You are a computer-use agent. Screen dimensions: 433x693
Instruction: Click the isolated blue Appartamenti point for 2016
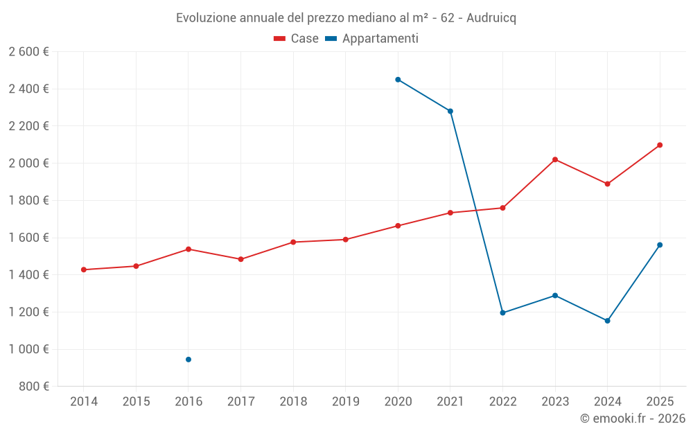pyautogui.click(x=188, y=360)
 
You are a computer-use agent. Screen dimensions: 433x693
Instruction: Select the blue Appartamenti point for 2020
pyautogui.click(x=398, y=80)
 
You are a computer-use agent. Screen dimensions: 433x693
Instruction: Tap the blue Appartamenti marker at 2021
pyautogui.click(x=450, y=112)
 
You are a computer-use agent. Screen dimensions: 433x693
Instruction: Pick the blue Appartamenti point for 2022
pyautogui.click(x=502, y=313)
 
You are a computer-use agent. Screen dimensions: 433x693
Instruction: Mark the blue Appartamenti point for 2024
pyautogui.click(x=607, y=321)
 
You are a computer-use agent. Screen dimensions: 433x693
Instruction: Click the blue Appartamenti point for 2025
pyautogui.click(x=660, y=245)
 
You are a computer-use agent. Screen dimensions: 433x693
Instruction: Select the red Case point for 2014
pyautogui.click(x=84, y=269)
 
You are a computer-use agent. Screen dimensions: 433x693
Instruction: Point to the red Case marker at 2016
pyautogui.click(x=188, y=249)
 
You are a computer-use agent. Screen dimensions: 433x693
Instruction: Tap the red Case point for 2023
pyautogui.click(x=555, y=159)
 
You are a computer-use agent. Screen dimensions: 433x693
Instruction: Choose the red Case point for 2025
pyautogui.click(x=660, y=145)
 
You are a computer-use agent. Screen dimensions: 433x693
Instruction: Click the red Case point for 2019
pyautogui.click(x=346, y=240)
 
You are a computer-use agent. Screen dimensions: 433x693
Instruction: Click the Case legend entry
pyautogui.click(x=297, y=39)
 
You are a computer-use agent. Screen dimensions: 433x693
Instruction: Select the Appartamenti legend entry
pyautogui.click(x=372, y=39)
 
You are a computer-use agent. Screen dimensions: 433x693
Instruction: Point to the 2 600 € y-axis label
pyautogui.click(x=28, y=52)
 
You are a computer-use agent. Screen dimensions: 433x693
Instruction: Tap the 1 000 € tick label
pyautogui.click(x=28, y=349)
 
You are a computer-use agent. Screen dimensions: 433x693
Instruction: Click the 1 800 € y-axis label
pyautogui.click(x=28, y=200)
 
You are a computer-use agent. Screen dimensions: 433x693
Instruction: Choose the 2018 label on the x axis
pyautogui.click(x=293, y=402)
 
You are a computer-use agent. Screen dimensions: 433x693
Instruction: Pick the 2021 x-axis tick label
pyautogui.click(x=450, y=402)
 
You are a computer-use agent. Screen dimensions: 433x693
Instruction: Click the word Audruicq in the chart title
pyautogui.click(x=491, y=18)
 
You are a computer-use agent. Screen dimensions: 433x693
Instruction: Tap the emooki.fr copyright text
pyautogui.click(x=633, y=418)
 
